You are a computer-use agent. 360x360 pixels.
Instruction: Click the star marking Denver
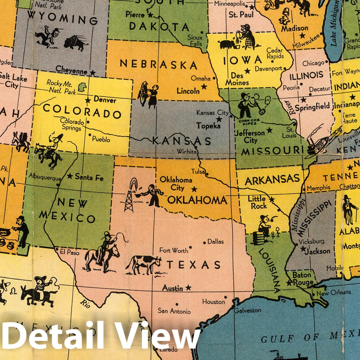point(88,101)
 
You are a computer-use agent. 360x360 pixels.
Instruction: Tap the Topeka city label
point(208,126)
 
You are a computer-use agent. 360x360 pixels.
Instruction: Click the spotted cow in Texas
point(144,264)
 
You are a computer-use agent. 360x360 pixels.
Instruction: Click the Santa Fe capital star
point(70,176)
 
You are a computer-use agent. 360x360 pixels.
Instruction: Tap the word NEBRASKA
point(158,64)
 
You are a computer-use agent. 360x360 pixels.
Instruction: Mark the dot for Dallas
point(204,243)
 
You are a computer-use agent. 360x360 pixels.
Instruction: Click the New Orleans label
point(333,292)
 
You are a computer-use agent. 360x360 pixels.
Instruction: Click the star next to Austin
point(188,288)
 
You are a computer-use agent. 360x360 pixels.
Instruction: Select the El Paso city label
point(69,252)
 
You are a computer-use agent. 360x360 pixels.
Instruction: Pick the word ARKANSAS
point(272,179)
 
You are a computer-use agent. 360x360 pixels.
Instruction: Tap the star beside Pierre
point(150,15)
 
